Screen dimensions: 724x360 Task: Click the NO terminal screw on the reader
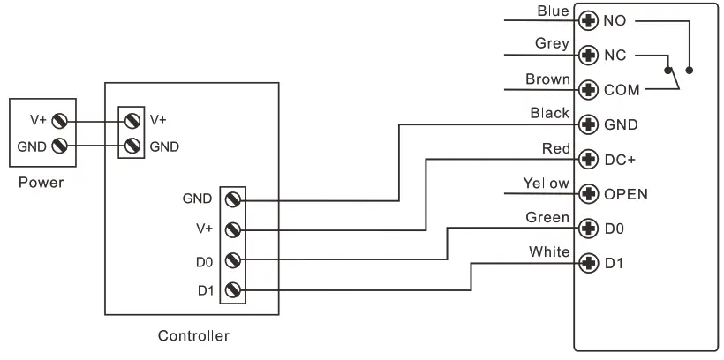point(588,21)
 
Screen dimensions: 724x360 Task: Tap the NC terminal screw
point(588,56)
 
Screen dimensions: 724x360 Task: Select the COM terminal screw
point(588,89)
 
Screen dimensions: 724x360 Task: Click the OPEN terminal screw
point(588,194)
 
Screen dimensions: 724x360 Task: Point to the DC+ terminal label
point(620,160)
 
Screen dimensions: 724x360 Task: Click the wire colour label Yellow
point(546,184)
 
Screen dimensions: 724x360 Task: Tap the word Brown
point(547,79)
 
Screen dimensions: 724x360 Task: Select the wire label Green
point(547,217)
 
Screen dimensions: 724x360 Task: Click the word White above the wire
point(549,252)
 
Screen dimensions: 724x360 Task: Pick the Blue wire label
point(553,11)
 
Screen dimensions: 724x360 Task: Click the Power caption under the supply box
point(41,183)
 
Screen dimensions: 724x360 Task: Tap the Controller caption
point(193,335)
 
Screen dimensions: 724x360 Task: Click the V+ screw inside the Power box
point(59,122)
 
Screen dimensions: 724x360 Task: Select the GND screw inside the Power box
point(59,146)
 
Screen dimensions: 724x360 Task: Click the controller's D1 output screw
point(233,290)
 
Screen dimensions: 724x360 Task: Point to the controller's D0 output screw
point(233,260)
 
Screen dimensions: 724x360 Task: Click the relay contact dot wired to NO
point(690,71)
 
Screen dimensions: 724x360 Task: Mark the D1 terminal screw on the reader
point(588,264)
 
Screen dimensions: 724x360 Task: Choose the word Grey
point(552,44)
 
